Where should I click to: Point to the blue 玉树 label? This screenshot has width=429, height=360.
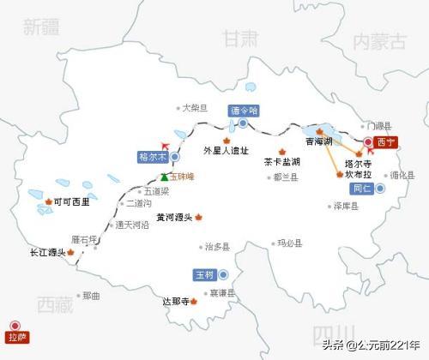pos(203,275)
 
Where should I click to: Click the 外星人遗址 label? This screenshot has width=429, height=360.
pos(226,151)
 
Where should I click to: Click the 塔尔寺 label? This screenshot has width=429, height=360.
pos(356,162)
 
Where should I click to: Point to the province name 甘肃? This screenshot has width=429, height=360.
pos(239,39)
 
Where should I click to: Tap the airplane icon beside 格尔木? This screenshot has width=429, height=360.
pos(166,145)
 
